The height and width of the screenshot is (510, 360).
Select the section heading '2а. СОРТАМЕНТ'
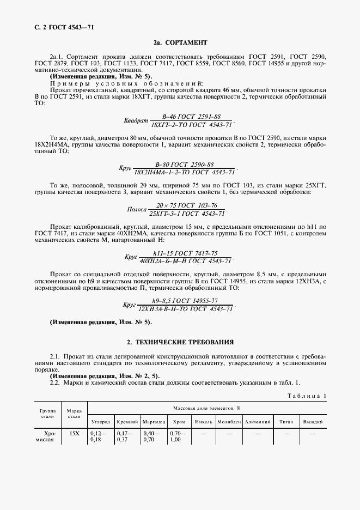click(180, 42)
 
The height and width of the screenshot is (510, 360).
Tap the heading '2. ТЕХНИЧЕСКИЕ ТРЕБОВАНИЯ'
click(180, 342)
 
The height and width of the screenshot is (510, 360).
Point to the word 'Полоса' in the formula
click(137, 209)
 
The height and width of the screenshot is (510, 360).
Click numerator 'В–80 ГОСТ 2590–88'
click(184, 164)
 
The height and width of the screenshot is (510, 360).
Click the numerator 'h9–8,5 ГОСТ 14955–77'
click(185, 300)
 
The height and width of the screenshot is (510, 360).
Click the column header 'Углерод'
click(100, 422)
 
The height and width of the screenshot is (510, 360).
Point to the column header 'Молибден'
click(229, 422)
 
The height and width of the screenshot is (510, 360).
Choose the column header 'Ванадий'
click(313, 422)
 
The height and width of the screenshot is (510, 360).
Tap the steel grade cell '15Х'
click(74, 434)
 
